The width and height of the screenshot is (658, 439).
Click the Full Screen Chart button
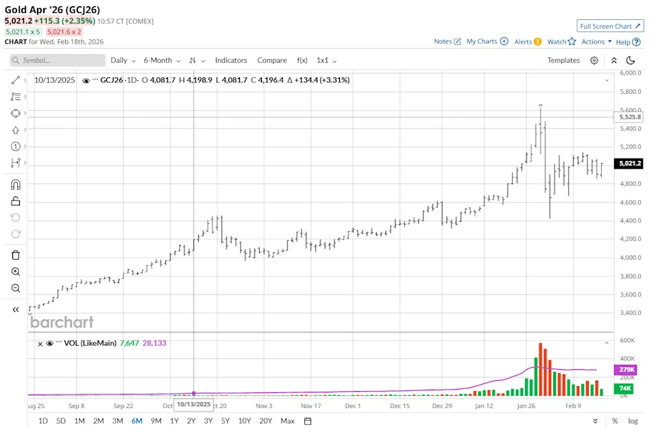pyautogui.click(x=610, y=26)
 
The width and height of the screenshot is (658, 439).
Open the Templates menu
pyautogui.click(x=563, y=60)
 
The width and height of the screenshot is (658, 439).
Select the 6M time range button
pyautogui.click(x=137, y=421)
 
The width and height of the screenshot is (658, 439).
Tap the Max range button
pyautogui.click(x=288, y=421)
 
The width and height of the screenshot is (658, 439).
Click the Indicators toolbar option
pyautogui.click(x=231, y=60)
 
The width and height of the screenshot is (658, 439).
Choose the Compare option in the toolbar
pyautogui.click(x=272, y=60)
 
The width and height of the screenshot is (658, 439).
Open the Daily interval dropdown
pyautogui.click(x=123, y=60)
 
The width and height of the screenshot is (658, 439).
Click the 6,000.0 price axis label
pyautogui.click(x=629, y=73)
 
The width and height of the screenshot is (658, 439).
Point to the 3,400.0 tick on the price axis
pyautogui.click(x=629, y=313)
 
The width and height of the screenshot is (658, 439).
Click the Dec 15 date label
pyautogui.click(x=399, y=405)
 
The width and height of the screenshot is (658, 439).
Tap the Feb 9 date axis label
pyautogui.click(x=572, y=405)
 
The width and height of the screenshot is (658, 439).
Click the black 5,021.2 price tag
pyautogui.click(x=629, y=164)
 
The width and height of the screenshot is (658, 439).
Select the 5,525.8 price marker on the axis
pyautogui.click(x=629, y=117)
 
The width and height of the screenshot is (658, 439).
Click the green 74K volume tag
pyautogui.click(x=626, y=389)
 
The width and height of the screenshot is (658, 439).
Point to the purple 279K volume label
pyautogui.click(x=626, y=370)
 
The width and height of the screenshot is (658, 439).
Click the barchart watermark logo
pyautogui.click(x=62, y=322)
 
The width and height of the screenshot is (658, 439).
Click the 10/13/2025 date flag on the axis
pyautogui.click(x=193, y=405)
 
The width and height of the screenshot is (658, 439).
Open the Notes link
pyautogui.click(x=448, y=41)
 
